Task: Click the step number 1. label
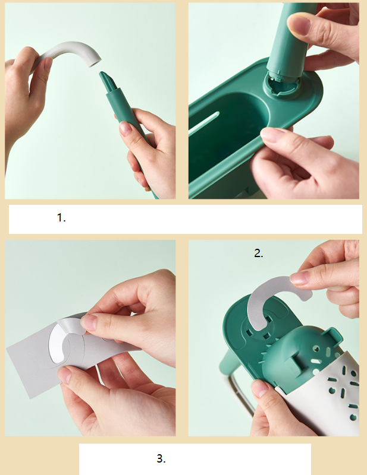point(61,217)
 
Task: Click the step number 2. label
point(259,253)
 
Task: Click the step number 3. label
point(161,458)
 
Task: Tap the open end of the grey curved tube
point(95,62)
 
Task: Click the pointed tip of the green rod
point(102,74)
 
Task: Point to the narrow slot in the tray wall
point(203,123)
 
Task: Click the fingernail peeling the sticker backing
point(89,322)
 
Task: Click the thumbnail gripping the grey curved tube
point(48,64)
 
